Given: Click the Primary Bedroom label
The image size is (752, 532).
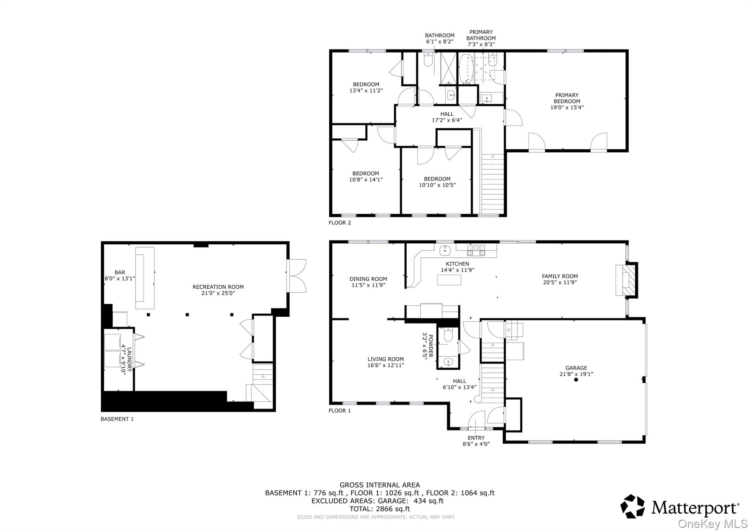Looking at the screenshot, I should click(x=567, y=98).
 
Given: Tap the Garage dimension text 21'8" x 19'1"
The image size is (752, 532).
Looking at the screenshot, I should click(x=576, y=374).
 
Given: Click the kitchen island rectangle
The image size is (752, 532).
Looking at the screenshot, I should click(x=449, y=280).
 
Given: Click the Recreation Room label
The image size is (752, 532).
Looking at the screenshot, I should click(x=218, y=287).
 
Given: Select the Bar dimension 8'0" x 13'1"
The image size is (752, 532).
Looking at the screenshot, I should click(x=120, y=279).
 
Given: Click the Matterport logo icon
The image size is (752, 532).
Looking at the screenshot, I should click(x=632, y=507).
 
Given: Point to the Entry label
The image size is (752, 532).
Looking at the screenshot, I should click(x=476, y=438).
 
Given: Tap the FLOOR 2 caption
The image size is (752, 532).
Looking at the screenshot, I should click(x=340, y=223).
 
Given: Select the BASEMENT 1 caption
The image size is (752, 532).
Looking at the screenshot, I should click(x=117, y=419).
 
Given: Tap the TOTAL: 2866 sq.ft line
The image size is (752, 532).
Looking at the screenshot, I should click(x=380, y=509).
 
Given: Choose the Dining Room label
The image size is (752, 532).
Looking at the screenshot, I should click(x=368, y=279).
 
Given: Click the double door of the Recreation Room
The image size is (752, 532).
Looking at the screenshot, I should click(x=296, y=276).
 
